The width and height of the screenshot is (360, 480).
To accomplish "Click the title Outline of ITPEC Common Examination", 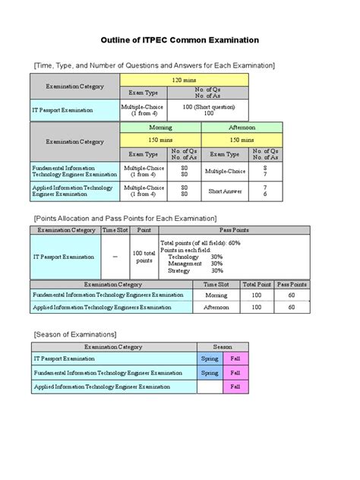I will coord(180,39).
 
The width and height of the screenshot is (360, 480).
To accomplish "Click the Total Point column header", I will coord(255,283).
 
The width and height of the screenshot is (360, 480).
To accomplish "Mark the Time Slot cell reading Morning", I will coord(216,294).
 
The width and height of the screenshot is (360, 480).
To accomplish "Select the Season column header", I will coord(223,346).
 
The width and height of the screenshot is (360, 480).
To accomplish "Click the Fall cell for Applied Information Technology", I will coord(235,387).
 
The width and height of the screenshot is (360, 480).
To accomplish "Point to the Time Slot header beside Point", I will coord(115,229).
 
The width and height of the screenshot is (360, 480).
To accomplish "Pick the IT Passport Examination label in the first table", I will coord(62,109).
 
